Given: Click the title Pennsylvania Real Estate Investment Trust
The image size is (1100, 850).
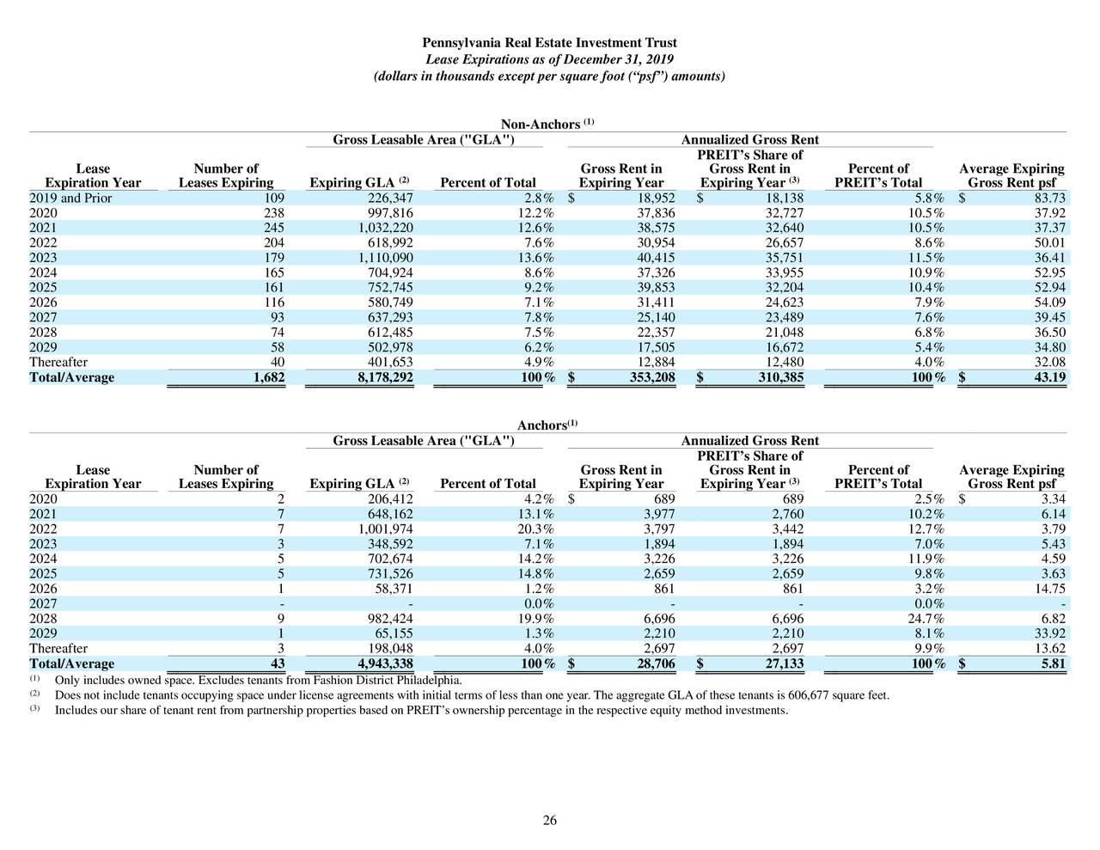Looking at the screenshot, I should click(549, 43).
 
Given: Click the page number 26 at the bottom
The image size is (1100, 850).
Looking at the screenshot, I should click(549, 821).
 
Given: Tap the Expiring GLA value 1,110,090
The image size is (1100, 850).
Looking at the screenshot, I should click(385, 258).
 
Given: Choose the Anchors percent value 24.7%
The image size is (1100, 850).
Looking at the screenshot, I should click(926, 619).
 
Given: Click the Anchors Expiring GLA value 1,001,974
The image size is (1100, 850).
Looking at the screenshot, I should click(385, 529).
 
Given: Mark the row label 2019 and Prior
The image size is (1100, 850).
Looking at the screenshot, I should click(70, 199).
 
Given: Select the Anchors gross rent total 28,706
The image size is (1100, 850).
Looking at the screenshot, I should click(652, 664).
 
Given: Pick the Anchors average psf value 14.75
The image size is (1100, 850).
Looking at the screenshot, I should click(1048, 589).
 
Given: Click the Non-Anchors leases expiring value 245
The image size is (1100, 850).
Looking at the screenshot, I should click(272, 228).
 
